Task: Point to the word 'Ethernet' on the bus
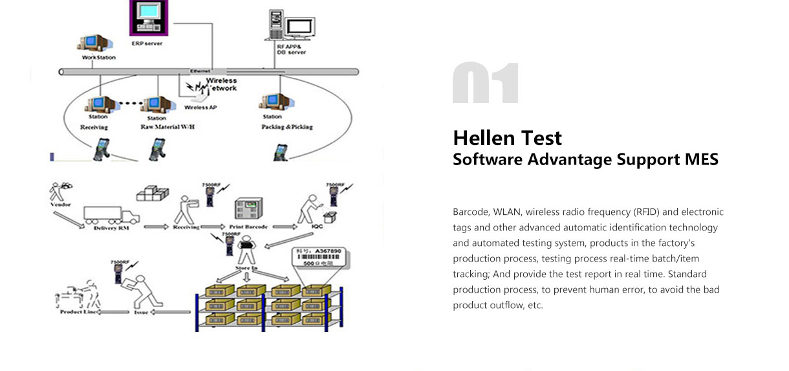(200, 71)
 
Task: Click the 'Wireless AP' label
(200, 107)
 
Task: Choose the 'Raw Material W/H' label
(167, 127)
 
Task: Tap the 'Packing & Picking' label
(286, 127)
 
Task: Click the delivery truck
(111, 214)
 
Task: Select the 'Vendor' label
(59, 205)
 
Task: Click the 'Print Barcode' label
(249, 227)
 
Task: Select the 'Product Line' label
(79, 312)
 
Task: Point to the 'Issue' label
(142, 312)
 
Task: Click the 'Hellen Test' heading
(507, 138)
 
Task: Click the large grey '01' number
(486, 84)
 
